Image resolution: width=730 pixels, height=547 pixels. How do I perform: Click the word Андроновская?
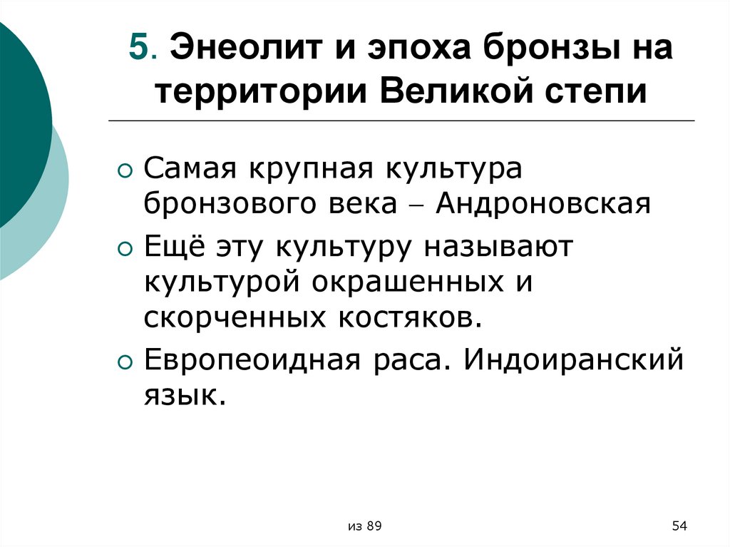point(544,205)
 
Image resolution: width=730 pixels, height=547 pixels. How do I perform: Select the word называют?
point(494,247)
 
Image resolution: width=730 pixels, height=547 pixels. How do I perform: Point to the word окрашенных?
point(401,281)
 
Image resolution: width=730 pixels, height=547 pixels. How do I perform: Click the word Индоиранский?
point(574,359)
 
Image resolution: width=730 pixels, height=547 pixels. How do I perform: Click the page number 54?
point(679,526)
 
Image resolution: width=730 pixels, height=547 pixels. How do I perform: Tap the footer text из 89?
point(365,526)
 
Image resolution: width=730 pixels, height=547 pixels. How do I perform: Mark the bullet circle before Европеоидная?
point(125,362)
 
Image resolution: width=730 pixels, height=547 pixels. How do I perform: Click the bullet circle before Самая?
point(125,173)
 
